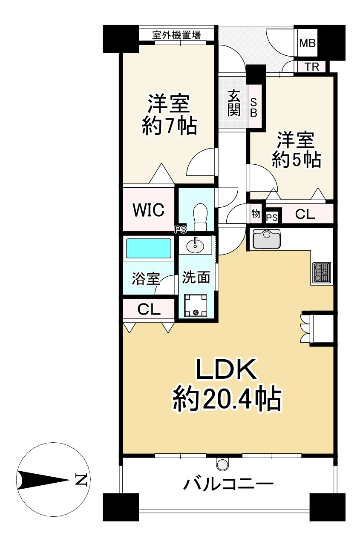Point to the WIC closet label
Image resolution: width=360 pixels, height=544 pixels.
point(148,209)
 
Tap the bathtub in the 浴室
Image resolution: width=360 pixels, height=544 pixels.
point(148,248)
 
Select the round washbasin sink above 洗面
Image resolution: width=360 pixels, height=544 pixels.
point(196,246)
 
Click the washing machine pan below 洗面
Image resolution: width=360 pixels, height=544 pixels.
point(196,306)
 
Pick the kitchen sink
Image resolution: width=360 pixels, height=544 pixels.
point(266,239)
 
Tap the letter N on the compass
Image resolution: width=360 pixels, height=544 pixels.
point(81,480)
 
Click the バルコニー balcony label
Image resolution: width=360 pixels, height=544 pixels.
point(228,484)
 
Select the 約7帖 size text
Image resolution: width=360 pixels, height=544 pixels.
point(169,126)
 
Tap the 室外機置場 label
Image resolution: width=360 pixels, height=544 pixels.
point(177,35)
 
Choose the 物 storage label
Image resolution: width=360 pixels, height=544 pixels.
point(256,214)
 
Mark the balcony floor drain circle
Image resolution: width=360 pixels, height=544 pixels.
point(222,464)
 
